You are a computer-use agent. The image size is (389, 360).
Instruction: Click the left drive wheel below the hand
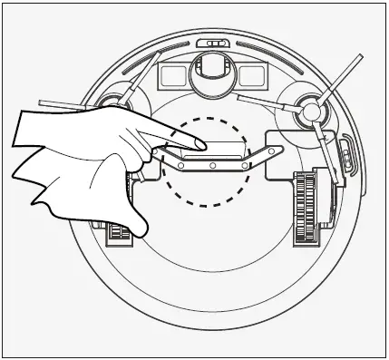(x=119, y=234)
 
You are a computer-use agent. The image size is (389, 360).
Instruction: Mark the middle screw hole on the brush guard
(x=211, y=165)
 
